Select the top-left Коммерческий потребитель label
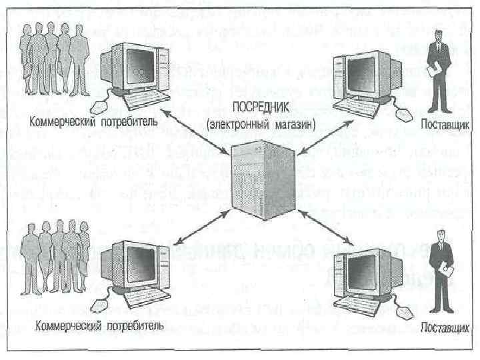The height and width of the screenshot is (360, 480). (x=93, y=123)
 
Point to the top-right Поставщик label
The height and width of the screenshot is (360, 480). (x=445, y=125)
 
